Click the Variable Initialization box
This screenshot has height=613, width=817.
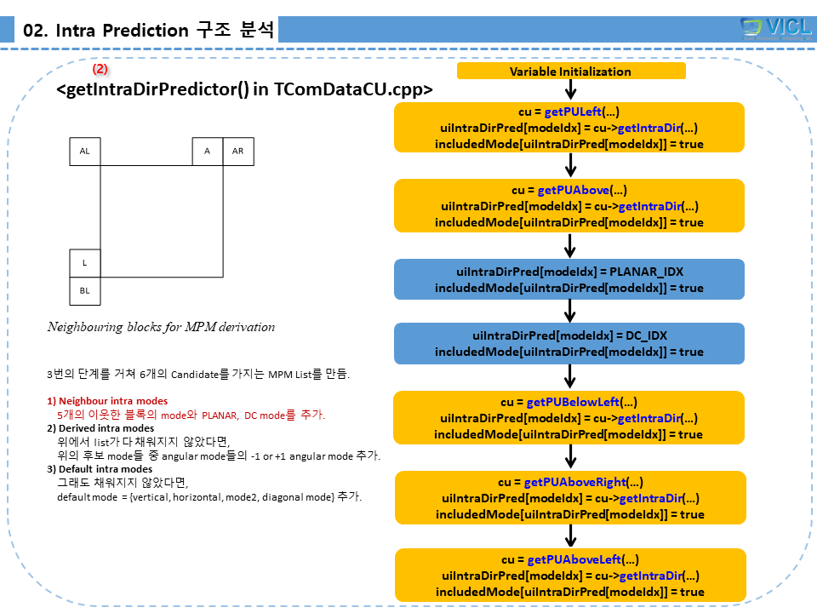(x=570, y=72)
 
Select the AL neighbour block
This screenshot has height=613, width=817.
(x=85, y=152)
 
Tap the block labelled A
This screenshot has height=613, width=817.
(x=207, y=152)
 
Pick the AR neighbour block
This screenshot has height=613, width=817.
(x=238, y=152)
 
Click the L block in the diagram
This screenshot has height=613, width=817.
(x=84, y=263)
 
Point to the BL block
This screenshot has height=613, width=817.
(x=84, y=291)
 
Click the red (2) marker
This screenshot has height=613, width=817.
(x=100, y=68)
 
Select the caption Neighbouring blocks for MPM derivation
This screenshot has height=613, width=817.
(x=161, y=327)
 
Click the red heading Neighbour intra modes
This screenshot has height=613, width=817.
(x=112, y=401)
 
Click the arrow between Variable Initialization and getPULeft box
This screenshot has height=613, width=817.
(x=571, y=90)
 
